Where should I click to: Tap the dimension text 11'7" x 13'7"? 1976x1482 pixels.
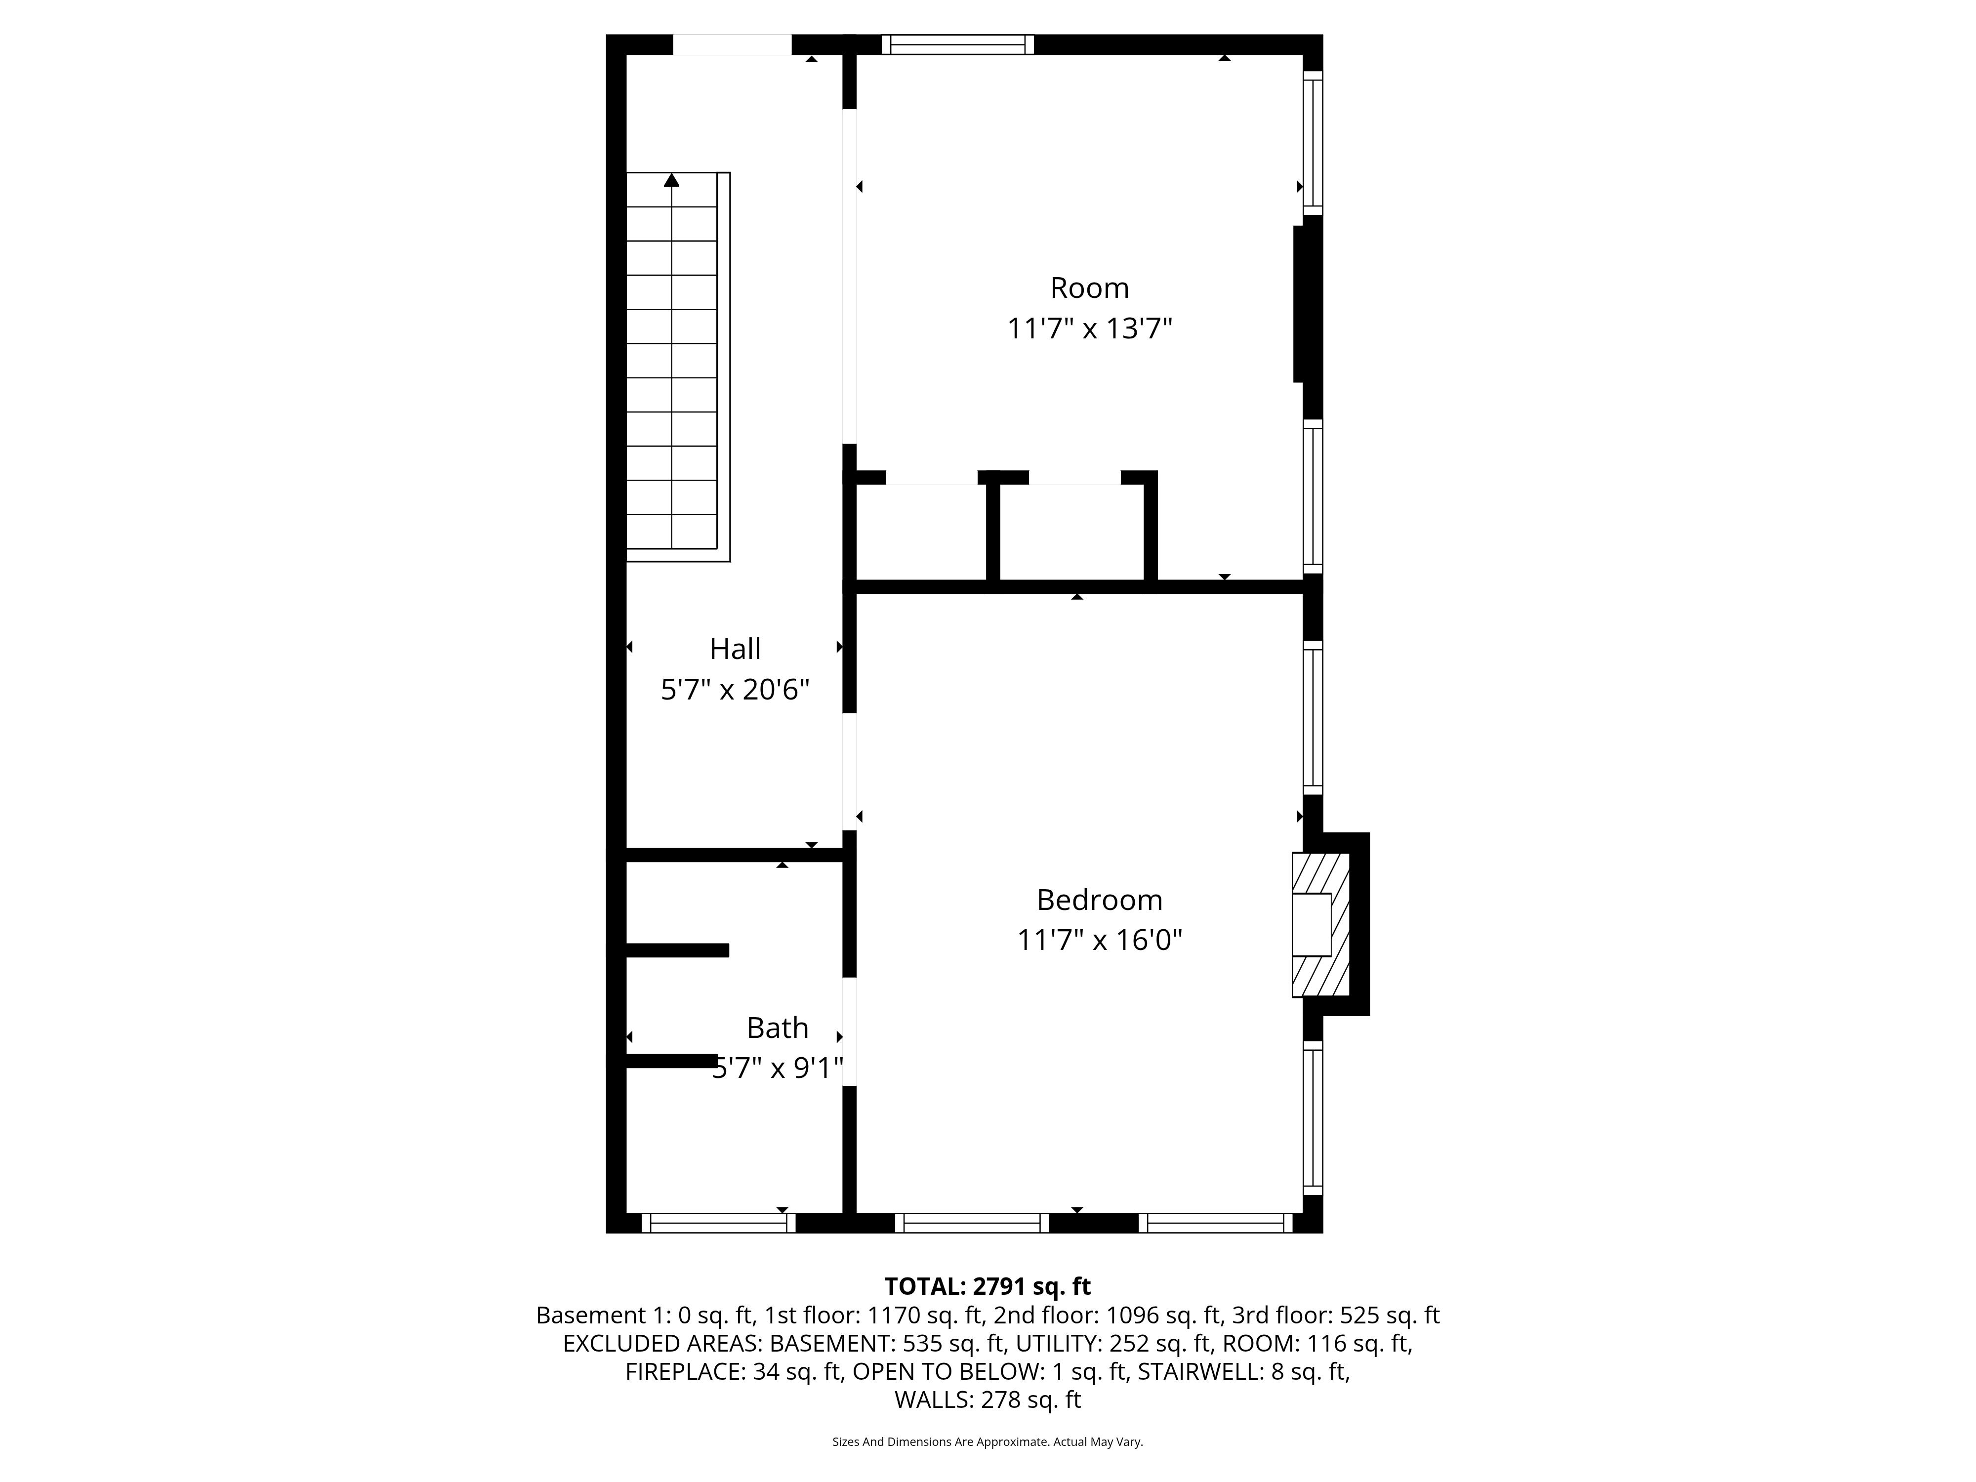1089,329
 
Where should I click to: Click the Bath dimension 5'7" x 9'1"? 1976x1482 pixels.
777,1069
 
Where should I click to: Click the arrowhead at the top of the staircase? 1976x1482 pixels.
672,179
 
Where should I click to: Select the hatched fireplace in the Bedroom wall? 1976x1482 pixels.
1320,925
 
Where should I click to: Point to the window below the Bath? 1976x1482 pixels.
718,1223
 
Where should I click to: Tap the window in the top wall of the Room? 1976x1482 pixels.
958,44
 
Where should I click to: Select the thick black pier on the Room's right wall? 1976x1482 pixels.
1307,304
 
